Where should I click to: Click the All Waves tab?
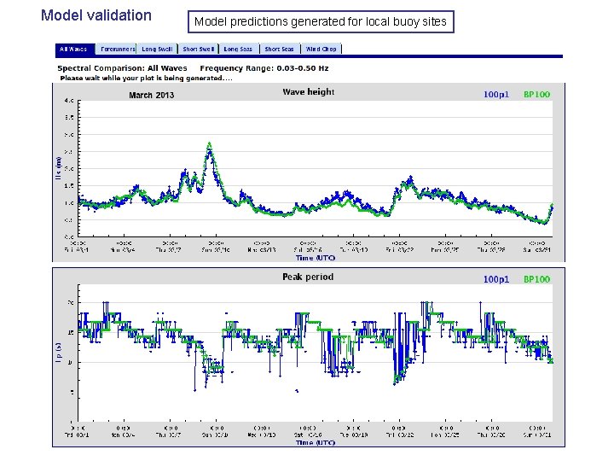click(x=72, y=50)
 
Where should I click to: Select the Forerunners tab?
click(x=117, y=50)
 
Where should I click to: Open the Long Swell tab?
click(x=157, y=50)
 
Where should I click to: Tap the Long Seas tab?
click(x=239, y=50)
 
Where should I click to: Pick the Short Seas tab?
click(x=279, y=50)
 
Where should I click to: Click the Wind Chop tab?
click(x=321, y=50)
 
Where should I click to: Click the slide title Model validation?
click(x=96, y=15)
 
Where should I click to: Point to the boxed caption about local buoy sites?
click(x=321, y=21)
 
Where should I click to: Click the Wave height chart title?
click(x=308, y=92)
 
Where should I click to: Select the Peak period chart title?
click(x=308, y=277)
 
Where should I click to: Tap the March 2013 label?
click(x=151, y=95)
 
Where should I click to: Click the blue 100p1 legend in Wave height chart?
click(x=495, y=95)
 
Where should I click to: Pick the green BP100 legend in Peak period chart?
click(x=536, y=279)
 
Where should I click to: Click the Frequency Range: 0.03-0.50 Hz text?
click(x=264, y=67)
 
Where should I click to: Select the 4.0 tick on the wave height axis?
click(x=68, y=101)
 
